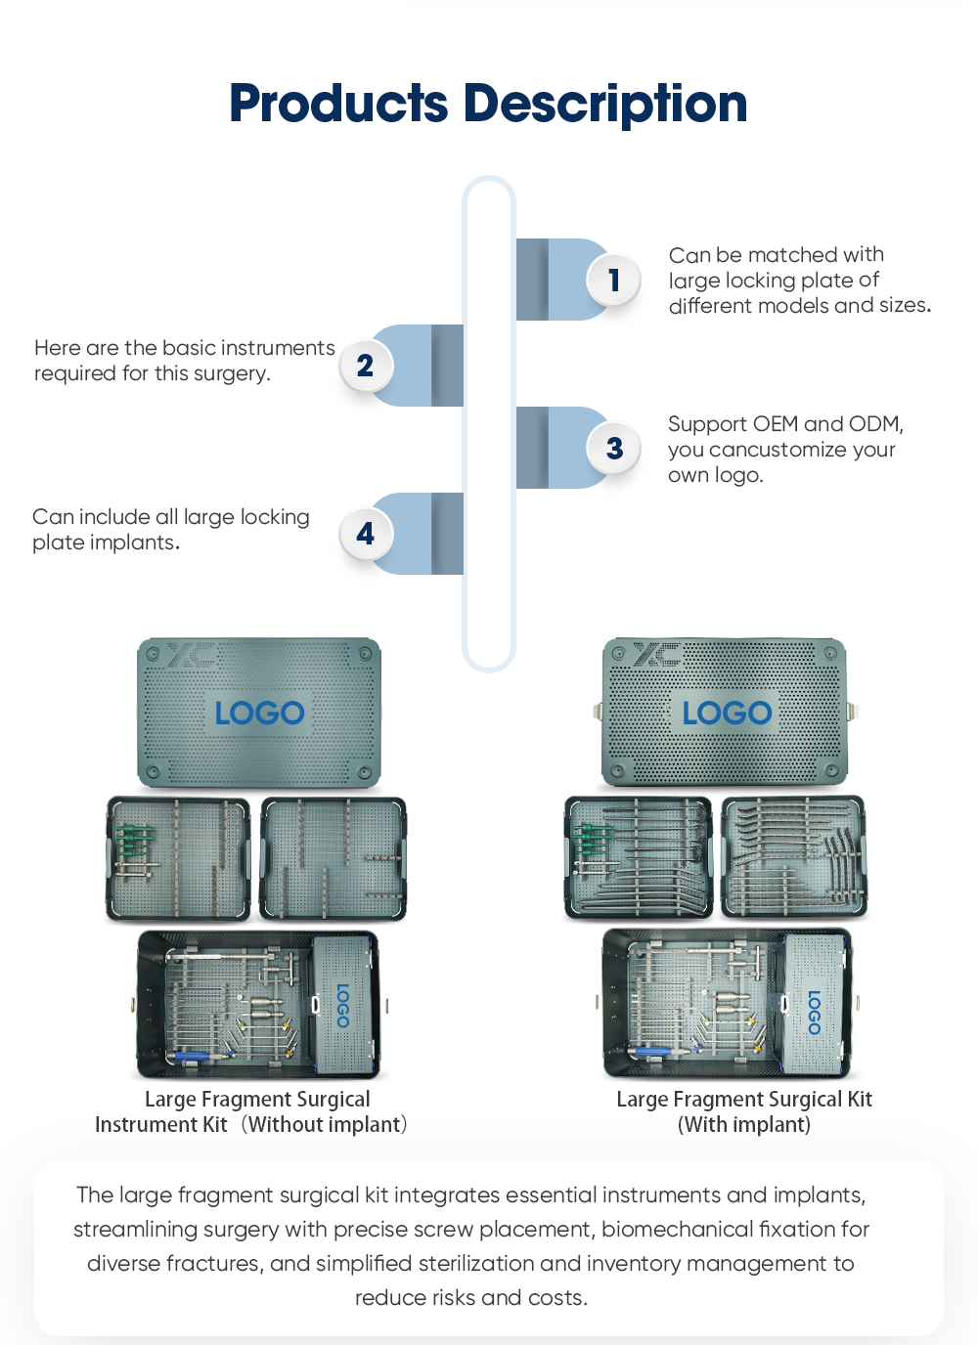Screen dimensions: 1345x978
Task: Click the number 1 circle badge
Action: (x=613, y=281)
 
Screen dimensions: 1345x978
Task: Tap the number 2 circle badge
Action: (x=365, y=366)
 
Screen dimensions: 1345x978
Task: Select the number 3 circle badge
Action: (x=613, y=449)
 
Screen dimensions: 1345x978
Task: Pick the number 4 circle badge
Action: (x=365, y=534)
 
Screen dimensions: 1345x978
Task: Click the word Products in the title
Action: (x=338, y=104)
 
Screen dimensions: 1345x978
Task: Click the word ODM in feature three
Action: (x=874, y=424)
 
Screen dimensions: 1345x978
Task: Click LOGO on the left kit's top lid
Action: (x=259, y=713)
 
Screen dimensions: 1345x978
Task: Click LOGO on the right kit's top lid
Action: (x=727, y=713)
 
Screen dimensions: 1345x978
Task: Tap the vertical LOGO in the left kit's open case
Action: (x=343, y=1005)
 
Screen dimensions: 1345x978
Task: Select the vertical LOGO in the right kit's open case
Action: (x=814, y=1012)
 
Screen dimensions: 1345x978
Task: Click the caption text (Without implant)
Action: (x=325, y=1125)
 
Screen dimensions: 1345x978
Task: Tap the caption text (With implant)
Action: (x=744, y=1125)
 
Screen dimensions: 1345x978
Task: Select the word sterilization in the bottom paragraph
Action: (x=476, y=1264)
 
